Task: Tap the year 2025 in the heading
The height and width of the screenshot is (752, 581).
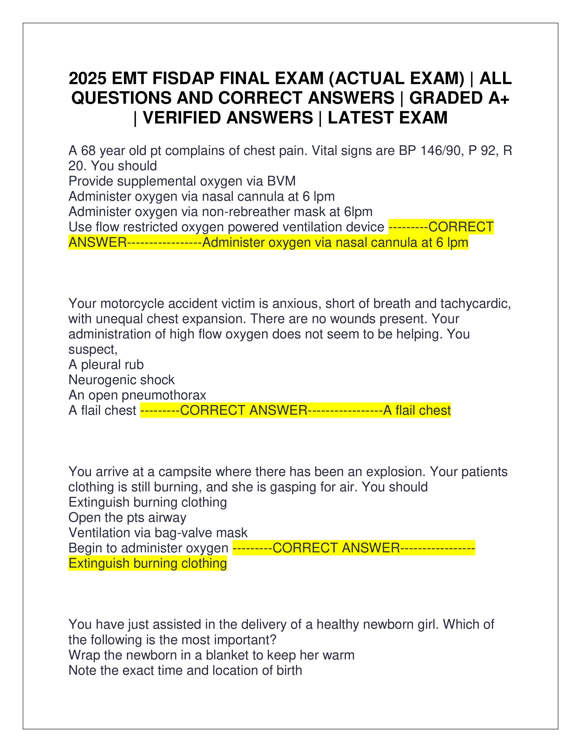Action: point(87,79)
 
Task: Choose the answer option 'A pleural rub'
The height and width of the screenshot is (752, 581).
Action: point(106,365)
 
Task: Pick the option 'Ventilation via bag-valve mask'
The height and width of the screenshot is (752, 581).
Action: point(158,533)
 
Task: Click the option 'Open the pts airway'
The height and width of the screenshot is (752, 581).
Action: point(127,518)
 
